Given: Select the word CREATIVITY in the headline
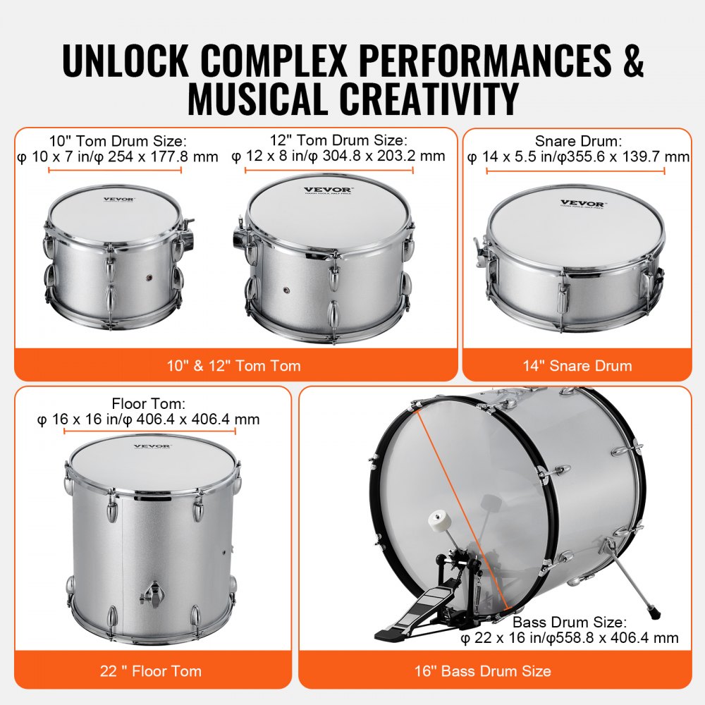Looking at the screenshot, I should [x=424, y=99].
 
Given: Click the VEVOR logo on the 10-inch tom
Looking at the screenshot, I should [x=118, y=200].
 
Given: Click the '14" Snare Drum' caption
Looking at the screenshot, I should [x=577, y=365].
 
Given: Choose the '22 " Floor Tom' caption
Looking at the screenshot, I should [x=152, y=670].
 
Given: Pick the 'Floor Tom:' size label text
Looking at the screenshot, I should [x=148, y=404].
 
